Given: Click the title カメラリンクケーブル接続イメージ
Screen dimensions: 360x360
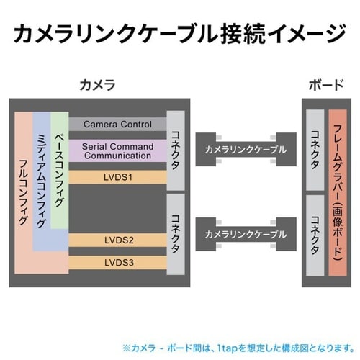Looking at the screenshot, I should click(180, 32).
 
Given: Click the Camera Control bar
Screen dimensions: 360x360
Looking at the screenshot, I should click(117, 124).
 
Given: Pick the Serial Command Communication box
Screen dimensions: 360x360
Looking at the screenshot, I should click(117, 151).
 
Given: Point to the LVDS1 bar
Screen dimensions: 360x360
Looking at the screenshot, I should click(117, 176).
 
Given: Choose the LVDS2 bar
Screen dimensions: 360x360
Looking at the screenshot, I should click(117, 239).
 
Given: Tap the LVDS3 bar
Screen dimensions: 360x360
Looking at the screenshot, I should click(117, 262).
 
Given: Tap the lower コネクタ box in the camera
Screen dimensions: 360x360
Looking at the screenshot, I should click(176, 233).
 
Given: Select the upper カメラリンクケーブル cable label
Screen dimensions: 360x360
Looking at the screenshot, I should click(245, 150).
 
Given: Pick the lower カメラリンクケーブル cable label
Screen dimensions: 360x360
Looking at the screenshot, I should click(245, 235).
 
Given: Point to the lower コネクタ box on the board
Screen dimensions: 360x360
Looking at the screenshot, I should click(315, 233).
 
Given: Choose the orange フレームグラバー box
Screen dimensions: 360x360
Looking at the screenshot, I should click(338, 191).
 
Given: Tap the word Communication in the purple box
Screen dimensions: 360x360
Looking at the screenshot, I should click(117, 156).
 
